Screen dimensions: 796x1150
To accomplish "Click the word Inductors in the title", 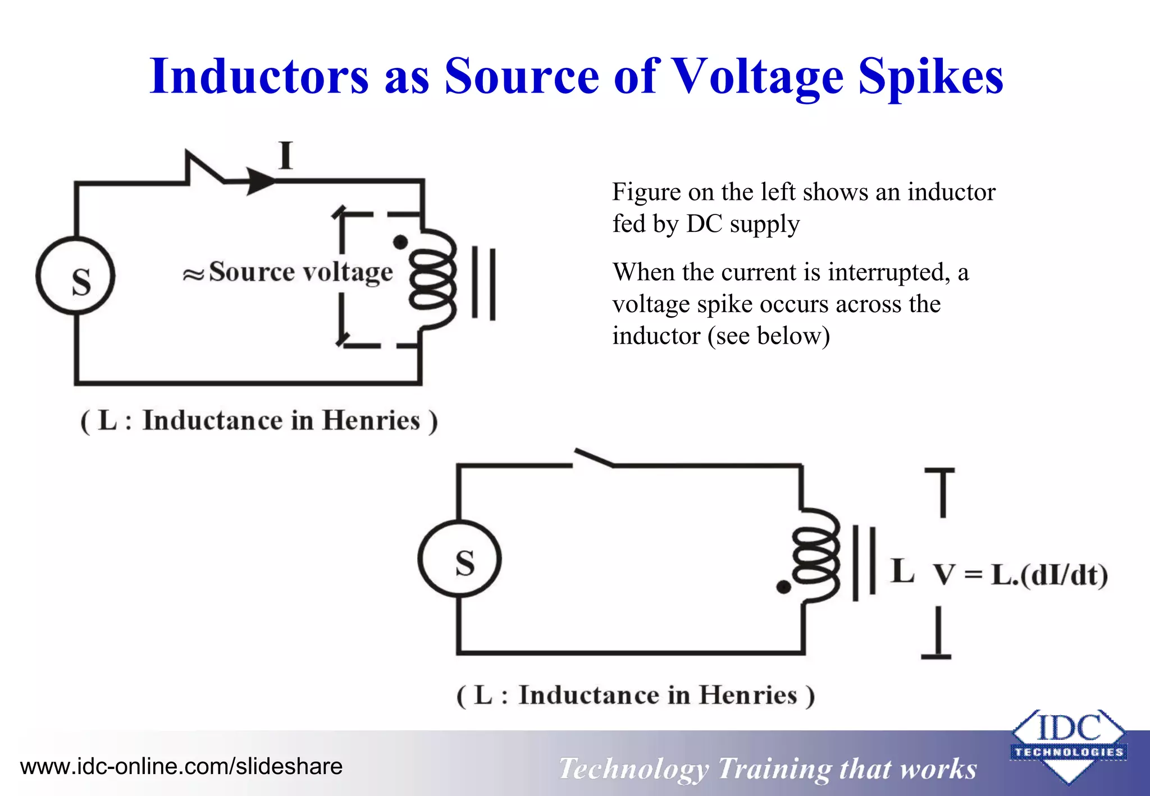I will [x=259, y=76].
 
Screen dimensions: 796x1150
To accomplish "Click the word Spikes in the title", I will [x=930, y=76].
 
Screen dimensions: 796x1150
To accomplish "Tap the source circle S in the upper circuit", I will [x=76, y=276].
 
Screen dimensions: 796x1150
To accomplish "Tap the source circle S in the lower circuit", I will [x=460, y=559].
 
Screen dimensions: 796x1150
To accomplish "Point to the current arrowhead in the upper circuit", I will [x=261, y=181].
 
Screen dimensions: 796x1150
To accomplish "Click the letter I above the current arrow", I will [x=286, y=155].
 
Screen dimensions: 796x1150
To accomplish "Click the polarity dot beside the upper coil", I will [x=400, y=242].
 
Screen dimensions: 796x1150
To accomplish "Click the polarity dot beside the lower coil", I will [x=783, y=587].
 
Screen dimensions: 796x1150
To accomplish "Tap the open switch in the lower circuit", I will [x=594, y=458].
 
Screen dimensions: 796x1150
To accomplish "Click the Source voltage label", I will [x=300, y=272].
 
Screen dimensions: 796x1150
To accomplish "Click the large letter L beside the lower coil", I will [x=902, y=571].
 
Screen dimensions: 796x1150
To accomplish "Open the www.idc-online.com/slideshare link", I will [x=181, y=766].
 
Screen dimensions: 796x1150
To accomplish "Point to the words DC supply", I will [x=742, y=224].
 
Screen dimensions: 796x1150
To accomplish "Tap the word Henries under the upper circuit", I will [x=371, y=420].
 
